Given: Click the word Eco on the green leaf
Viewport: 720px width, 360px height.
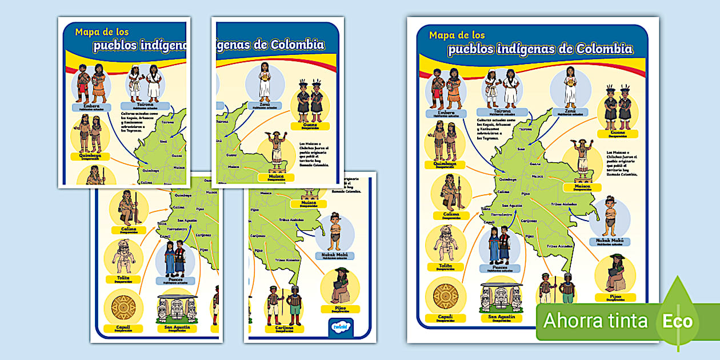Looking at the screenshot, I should click(678, 321).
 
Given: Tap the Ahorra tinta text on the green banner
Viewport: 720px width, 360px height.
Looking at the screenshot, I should click(595, 321).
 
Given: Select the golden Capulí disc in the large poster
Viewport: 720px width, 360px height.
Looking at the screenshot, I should click(445, 297).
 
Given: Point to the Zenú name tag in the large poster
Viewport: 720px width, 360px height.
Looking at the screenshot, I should click(570, 113).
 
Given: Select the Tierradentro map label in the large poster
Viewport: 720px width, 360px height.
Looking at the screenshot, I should click(498, 215).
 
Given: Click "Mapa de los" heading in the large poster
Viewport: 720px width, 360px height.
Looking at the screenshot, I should click(457, 35).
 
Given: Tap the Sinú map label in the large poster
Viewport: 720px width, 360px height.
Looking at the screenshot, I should click(521, 149).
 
